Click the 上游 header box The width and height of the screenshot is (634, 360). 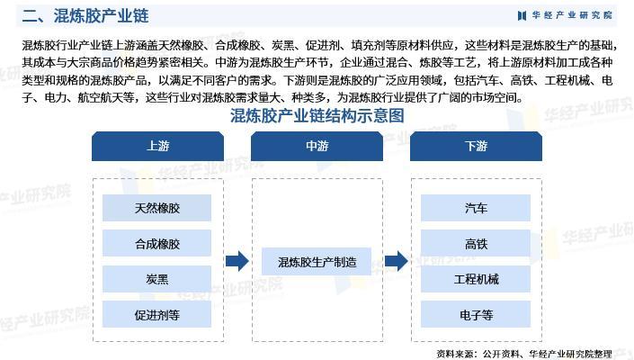click(157, 147)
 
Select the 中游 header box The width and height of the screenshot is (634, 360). click(317, 147)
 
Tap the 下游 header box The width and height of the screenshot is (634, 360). click(476, 147)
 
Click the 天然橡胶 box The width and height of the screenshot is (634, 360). click(157, 208)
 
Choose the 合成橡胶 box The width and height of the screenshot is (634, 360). click(157, 244)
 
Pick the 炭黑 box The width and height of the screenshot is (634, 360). click(157, 279)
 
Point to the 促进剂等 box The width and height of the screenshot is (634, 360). click(157, 315)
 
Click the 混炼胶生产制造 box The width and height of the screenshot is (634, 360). click(317, 262)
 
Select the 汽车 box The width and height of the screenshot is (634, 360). click(476, 208)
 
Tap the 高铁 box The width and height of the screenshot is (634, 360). click(476, 244)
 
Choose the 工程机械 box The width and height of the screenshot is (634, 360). click(476, 279)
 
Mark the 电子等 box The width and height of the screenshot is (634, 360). click(476, 315)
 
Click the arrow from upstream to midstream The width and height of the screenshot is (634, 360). click(237, 262)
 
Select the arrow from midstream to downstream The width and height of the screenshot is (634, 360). click(397, 262)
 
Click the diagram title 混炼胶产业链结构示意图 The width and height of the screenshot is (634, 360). click(317, 116)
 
